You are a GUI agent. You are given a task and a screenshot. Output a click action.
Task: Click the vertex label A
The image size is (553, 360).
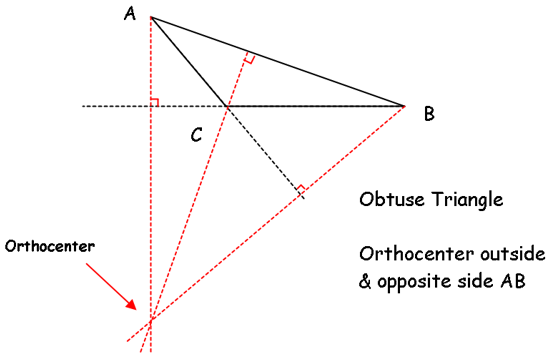click(x=130, y=14)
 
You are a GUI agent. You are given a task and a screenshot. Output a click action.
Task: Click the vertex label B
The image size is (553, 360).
click(x=429, y=114)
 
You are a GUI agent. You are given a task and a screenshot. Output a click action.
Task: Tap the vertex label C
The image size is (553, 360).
click(x=196, y=135)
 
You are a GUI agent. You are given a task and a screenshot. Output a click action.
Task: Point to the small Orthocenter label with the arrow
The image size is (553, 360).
click(x=50, y=246)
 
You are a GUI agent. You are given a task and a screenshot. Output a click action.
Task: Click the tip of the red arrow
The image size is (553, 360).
click(x=136, y=309)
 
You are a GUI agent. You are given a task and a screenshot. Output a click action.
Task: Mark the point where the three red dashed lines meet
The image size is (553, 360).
click(x=151, y=320)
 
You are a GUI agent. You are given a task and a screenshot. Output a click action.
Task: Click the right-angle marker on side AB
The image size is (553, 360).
click(x=249, y=57)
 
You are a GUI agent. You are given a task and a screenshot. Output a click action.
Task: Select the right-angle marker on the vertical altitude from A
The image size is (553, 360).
click(x=155, y=102)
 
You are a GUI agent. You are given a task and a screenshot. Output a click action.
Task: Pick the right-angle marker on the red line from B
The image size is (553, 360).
click(x=301, y=189)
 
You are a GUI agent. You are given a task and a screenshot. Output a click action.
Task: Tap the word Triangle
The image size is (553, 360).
click(x=468, y=200)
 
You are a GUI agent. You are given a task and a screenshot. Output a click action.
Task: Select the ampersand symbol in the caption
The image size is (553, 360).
click(x=365, y=282)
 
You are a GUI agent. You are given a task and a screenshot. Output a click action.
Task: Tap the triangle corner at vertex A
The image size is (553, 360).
click(x=151, y=17)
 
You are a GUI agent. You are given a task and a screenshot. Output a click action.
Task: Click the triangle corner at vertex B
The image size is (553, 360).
click(x=404, y=106)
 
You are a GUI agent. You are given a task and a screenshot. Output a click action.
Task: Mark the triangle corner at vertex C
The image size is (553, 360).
click(x=226, y=106)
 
